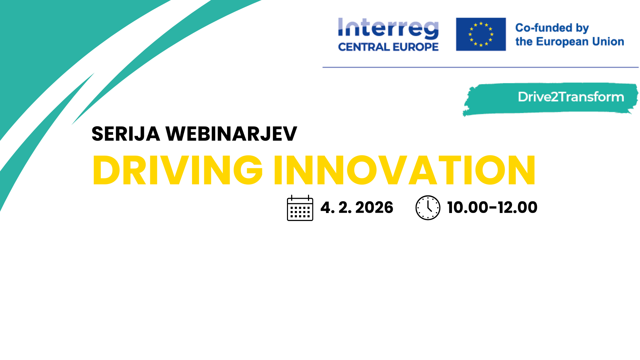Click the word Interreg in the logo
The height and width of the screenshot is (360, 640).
pos(388,28)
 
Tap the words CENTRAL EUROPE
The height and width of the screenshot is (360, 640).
pos(388,47)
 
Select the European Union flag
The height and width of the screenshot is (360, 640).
pos(481,34)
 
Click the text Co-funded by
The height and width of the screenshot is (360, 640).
pos(552,28)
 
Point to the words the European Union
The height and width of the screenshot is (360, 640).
pos(570,42)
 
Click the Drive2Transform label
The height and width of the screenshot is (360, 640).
pos(571,97)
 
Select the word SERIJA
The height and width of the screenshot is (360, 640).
pos(126,134)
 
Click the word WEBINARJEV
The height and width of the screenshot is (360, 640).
pos(231,134)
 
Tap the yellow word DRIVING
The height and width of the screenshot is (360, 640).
pos(178,170)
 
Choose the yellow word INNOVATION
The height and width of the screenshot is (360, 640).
pos(404,170)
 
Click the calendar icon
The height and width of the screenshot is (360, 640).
pos(300,208)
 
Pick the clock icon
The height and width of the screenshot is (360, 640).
pos(428,208)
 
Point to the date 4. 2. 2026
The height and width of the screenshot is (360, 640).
pos(357,208)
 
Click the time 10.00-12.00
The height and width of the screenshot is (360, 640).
pos(492,208)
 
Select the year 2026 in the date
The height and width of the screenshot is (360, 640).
pos(374,208)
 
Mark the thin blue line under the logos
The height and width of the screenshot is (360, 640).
pos(481,67)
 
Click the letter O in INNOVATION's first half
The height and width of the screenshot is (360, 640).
pos(362,170)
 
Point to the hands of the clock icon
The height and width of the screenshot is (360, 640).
pos(429,207)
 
